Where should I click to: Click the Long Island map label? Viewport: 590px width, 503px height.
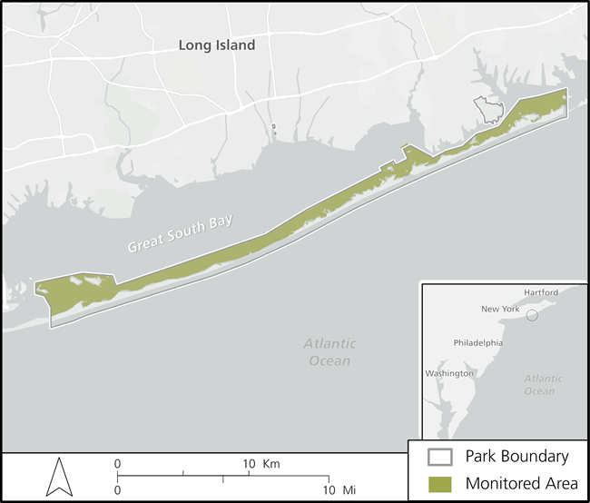coord(217,44)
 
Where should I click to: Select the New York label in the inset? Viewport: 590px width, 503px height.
coord(500,309)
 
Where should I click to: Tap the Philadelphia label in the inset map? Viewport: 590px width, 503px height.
coord(477,344)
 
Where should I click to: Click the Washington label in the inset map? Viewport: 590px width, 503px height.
coord(449,373)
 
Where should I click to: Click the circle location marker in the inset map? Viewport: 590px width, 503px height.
coord(532,316)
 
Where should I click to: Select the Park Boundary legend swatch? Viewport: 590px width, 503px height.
coord(441,457)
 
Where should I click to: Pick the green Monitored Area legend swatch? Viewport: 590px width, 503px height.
coord(441,483)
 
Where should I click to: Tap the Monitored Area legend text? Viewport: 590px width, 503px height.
coord(521,483)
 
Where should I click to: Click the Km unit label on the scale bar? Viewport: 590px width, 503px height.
coord(270,464)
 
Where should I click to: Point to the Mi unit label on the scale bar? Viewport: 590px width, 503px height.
coord(349,490)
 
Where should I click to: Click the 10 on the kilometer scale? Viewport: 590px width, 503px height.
coord(250,464)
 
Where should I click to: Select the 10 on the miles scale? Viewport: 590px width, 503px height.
coord(329,490)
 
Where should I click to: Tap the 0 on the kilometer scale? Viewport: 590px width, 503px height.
coord(117,464)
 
